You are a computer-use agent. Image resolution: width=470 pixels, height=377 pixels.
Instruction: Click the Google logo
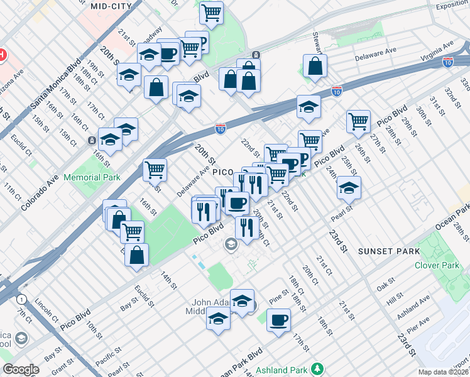click(21, 369)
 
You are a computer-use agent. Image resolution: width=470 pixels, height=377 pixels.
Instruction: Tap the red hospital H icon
click(3, 55)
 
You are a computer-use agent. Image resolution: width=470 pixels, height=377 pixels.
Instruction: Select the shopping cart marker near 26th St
click(358, 121)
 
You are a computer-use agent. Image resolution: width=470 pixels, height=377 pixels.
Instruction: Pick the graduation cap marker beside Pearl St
click(349, 187)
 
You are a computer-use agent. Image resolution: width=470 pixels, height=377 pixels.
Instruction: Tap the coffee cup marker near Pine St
click(278, 320)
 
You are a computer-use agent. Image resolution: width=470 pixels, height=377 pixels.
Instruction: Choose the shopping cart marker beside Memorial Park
click(155, 168)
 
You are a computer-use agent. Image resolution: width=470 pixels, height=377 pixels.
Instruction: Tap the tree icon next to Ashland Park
click(318, 368)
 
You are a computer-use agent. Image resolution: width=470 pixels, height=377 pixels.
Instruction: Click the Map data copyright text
click(444, 372)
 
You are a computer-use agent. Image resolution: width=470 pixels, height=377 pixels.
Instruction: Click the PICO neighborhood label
click(223, 172)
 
